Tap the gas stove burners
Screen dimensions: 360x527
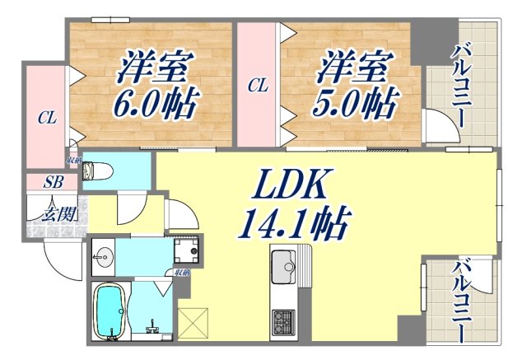[x=286, y=319]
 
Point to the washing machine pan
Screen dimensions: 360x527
[x=186, y=250]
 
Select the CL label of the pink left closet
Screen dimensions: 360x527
[x=47, y=119]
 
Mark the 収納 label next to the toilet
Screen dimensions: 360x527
[x=74, y=160]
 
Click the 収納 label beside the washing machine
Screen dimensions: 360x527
[x=182, y=273]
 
